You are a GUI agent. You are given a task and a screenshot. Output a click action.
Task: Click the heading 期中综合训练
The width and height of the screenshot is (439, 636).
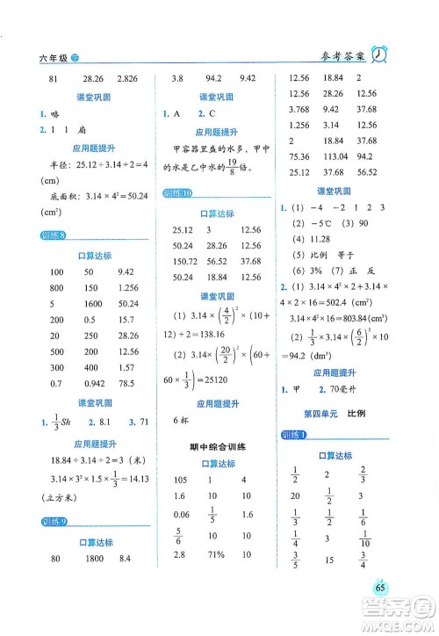pos(210,447)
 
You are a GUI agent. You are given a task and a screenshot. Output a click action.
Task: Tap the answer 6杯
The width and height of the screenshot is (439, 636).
pos(181,420)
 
